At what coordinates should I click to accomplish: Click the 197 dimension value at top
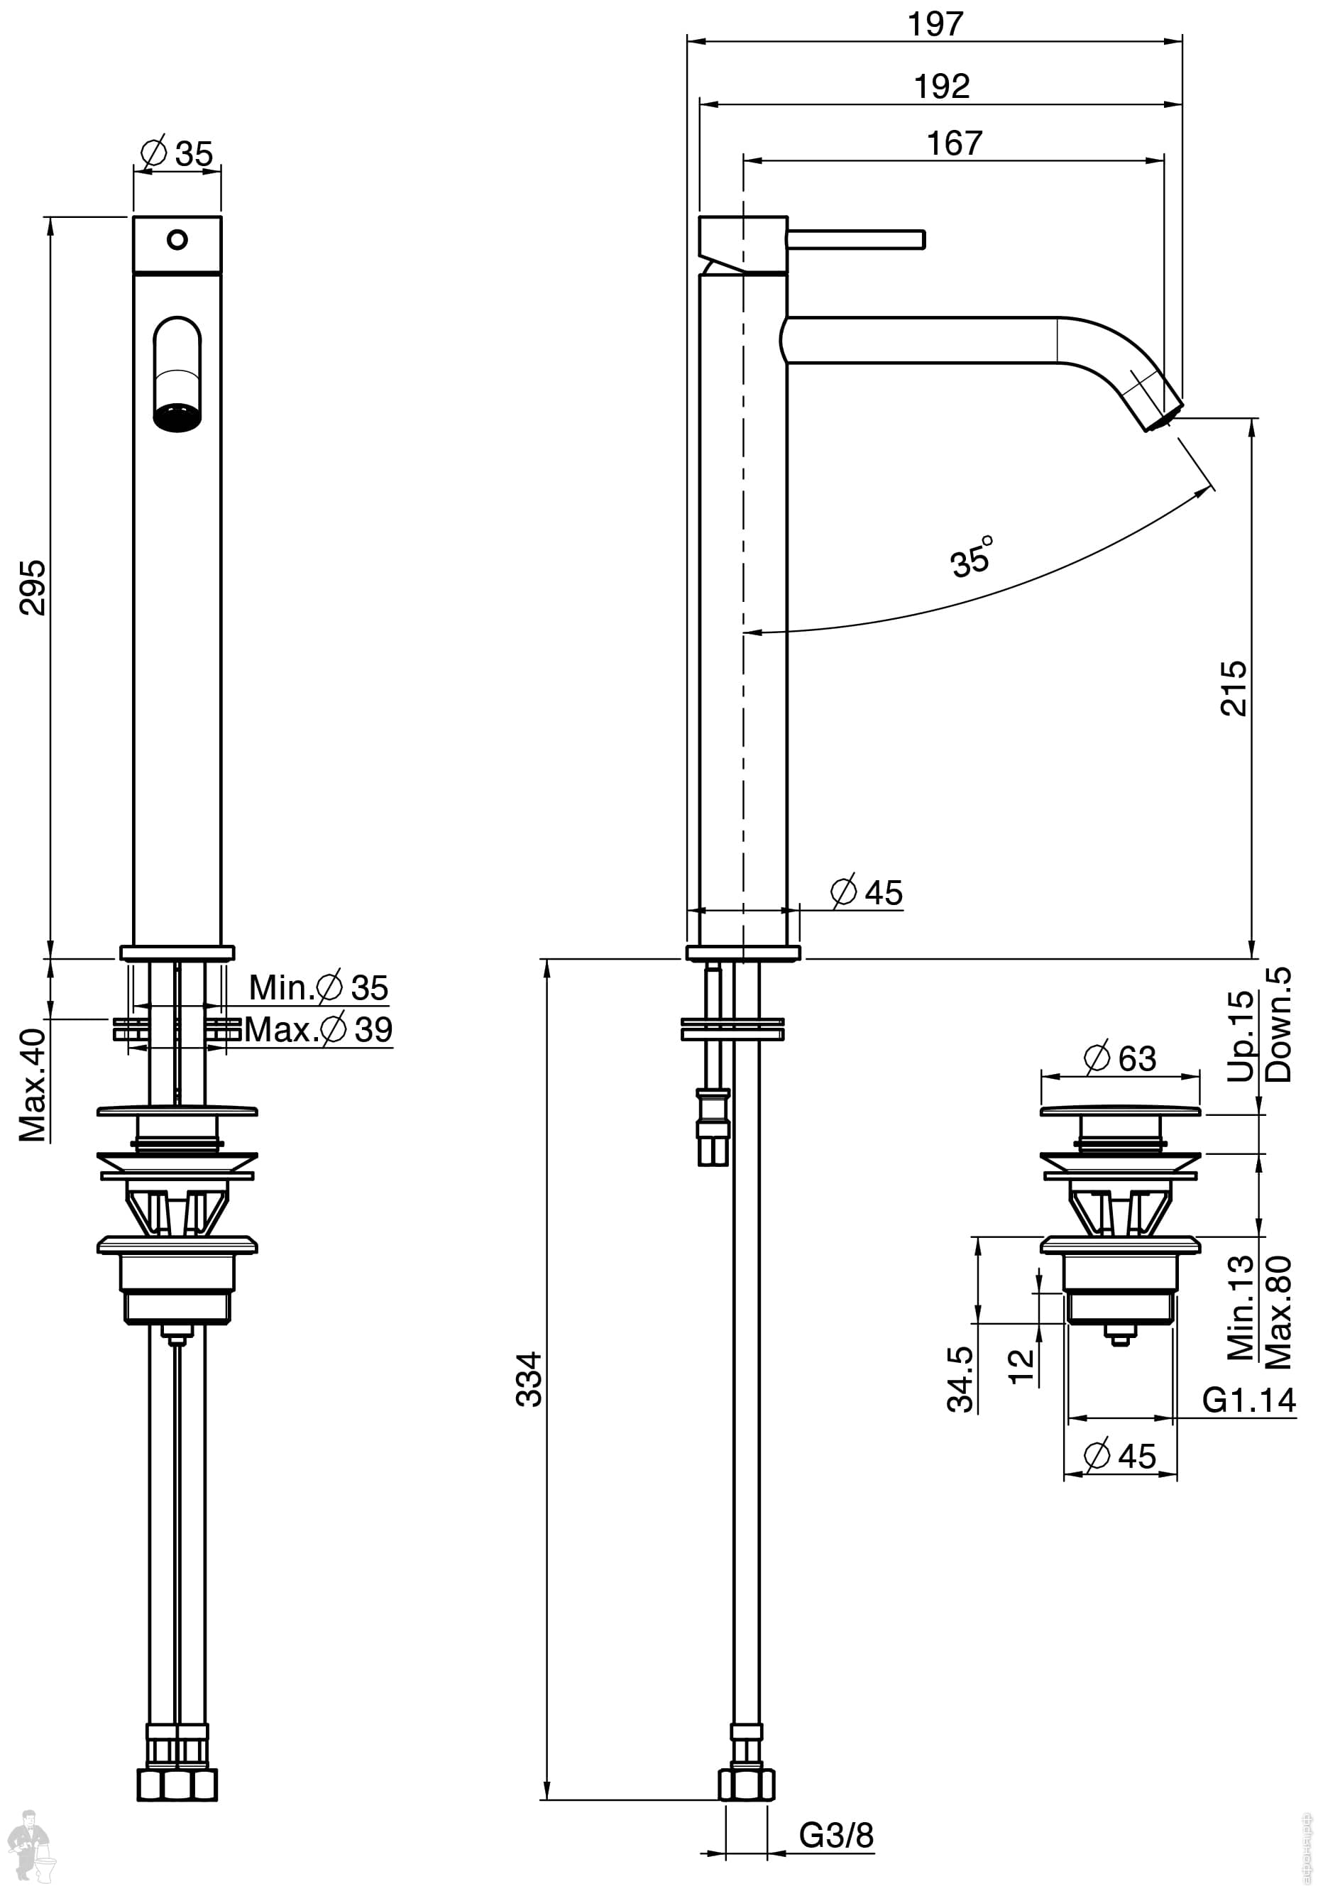tap(935, 24)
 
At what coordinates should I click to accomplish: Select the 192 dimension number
tap(942, 87)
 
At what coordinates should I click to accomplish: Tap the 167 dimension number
tap(954, 143)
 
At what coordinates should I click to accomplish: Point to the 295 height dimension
tap(32, 586)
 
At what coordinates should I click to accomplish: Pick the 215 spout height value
tap(1233, 688)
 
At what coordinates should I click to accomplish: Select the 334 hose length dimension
tap(529, 1378)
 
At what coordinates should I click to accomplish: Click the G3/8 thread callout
tap(836, 1835)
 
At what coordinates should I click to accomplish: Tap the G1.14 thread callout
tap(1249, 1399)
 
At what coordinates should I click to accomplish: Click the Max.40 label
tap(33, 1085)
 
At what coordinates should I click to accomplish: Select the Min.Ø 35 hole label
tap(319, 987)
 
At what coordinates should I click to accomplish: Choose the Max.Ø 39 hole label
tap(319, 1029)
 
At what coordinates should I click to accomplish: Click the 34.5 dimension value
tap(960, 1379)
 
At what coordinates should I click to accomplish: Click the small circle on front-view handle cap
tap(177, 240)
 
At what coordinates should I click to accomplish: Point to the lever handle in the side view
tap(856, 240)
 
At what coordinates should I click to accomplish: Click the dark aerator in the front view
tap(177, 417)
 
